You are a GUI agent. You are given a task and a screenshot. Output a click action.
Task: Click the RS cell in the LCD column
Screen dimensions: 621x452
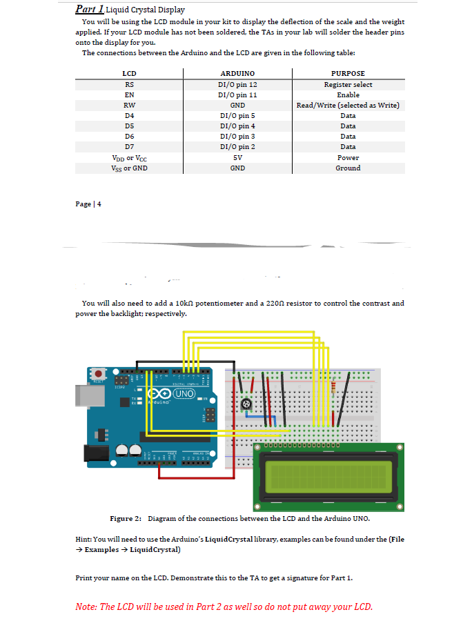(x=128, y=84)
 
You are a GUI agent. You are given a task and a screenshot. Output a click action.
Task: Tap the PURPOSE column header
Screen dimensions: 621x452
(x=348, y=73)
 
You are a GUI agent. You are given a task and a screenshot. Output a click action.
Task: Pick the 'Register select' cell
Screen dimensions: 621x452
(x=348, y=84)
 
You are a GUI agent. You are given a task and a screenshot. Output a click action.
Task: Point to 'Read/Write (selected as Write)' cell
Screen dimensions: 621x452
(x=348, y=105)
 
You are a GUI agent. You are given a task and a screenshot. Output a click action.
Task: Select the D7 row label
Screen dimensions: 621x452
(x=128, y=146)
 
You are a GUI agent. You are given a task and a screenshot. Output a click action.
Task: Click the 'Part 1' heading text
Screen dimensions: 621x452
(x=90, y=10)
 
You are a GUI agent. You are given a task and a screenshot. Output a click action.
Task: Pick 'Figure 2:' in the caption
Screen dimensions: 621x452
(x=126, y=518)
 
